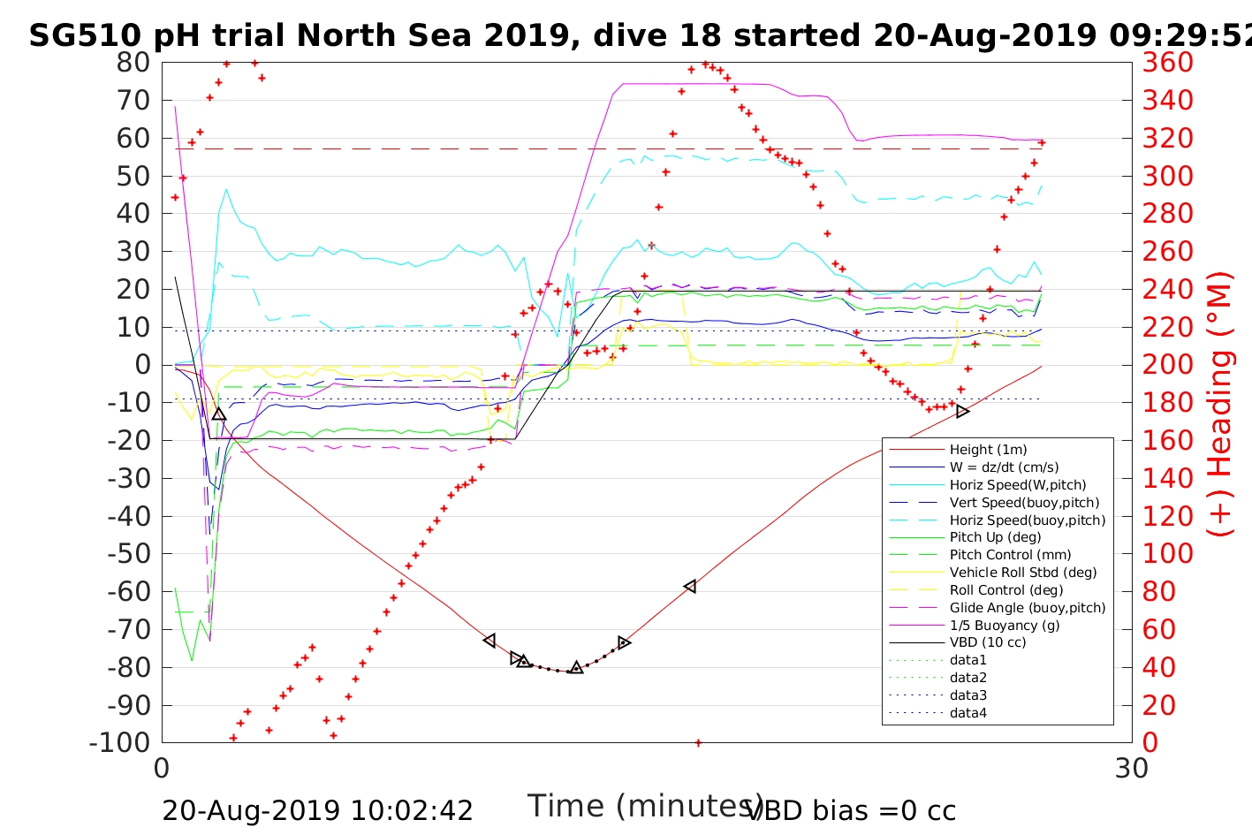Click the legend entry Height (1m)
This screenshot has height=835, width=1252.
coord(988,450)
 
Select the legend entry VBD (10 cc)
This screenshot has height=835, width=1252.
coord(988,642)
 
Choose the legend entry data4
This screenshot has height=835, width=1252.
coord(968,712)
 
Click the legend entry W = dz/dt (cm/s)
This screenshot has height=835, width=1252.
coord(1004,467)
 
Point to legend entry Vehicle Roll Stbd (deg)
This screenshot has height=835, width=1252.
coord(1023,573)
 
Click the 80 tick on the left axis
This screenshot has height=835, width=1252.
coord(133,63)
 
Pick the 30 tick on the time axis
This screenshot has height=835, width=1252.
coord(1132,768)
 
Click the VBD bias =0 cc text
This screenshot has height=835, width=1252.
coord(851,810)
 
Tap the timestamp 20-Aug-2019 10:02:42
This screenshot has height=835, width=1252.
coord(317,810)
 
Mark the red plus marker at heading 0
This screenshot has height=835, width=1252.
coord(698,743)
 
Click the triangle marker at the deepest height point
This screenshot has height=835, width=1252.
coord(576,668)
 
